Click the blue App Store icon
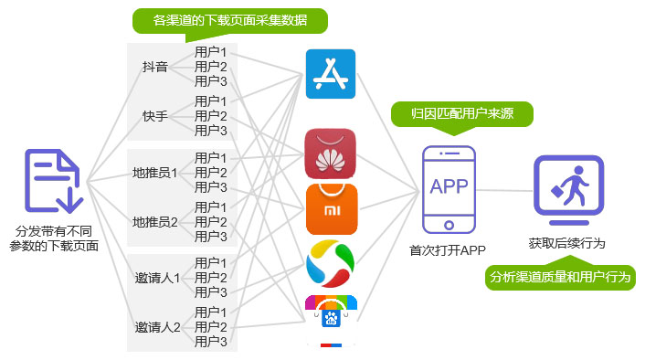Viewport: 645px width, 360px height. point(329,73)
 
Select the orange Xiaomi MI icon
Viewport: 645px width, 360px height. point(331,209)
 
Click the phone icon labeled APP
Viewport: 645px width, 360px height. point(449,188)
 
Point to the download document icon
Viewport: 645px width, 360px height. point(54,180)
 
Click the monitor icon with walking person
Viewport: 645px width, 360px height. point(568,191)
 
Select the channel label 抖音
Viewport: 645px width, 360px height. point(155,67)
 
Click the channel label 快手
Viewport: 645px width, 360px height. point(155,116)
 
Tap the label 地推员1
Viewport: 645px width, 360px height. point(155,173)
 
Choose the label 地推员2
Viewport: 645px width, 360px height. point(155,222)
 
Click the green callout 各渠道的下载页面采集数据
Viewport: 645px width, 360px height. point(229,21)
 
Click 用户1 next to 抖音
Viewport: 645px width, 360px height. point(211,52)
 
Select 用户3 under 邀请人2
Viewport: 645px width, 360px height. point(211,342)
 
